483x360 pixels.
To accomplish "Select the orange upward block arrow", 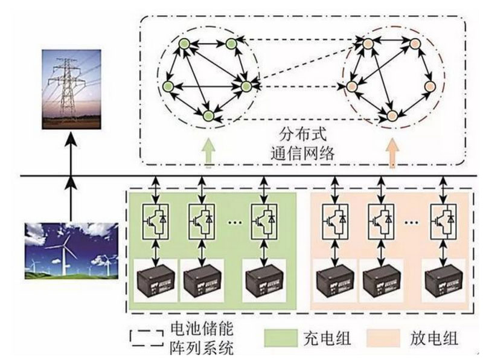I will tap(392, 152).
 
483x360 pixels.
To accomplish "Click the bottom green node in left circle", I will tap(209, 114).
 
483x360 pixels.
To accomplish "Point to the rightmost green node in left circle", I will tap(246, 86).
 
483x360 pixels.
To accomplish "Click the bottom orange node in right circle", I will tap(392, 114).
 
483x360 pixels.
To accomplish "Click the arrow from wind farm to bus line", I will tap(71, 199).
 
